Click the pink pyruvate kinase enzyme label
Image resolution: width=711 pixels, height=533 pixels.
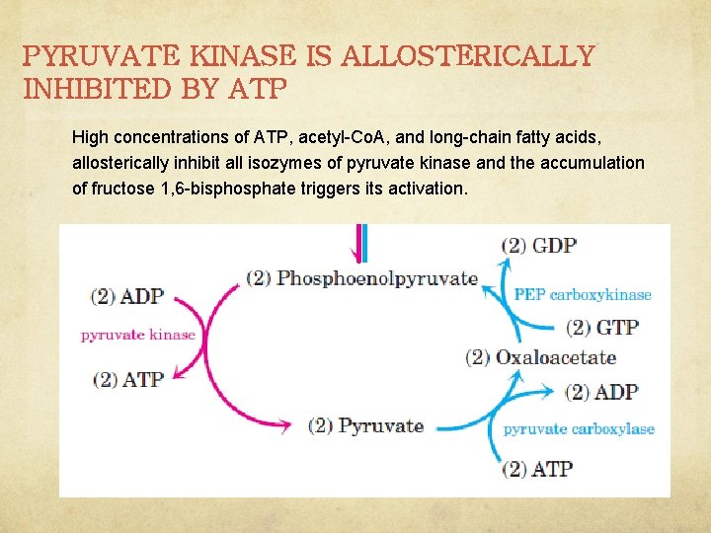point(138,335)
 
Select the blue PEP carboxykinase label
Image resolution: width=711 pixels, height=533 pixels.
point(583,294)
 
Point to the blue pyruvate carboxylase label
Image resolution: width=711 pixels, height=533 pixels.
point(579,428)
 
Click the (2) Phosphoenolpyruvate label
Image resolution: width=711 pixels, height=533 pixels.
point(362,278)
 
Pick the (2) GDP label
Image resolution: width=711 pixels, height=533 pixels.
point(539,245)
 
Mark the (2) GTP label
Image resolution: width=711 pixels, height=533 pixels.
point(602,327)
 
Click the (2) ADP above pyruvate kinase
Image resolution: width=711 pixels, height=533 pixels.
point(127,296)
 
